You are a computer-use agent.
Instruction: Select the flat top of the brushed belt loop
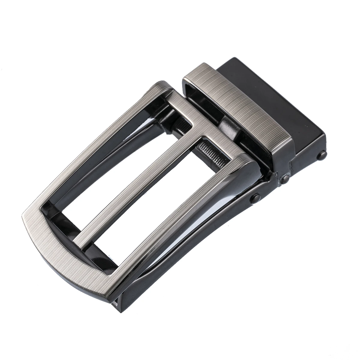click(x=237, y=99)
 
